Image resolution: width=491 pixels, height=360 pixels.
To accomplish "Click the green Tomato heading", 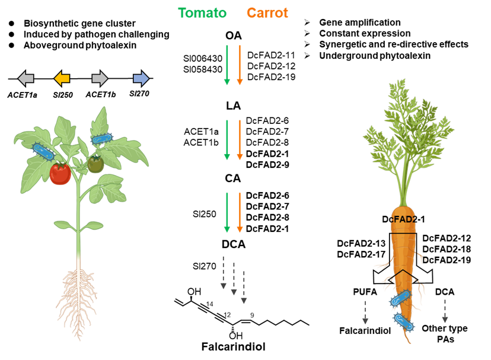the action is pos(202,13).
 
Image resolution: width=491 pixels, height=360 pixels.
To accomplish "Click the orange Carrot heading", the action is pos(267,13).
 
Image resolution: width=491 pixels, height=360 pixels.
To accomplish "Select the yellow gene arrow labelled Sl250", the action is pos(62,78).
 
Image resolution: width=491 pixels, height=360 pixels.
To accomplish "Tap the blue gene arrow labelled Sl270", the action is pos(141,78).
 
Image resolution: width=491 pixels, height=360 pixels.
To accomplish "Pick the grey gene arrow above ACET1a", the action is pos(25,78).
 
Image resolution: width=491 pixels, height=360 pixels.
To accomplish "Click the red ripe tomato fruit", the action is pos(60,173).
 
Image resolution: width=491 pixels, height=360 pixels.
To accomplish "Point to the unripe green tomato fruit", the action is pos(96,164).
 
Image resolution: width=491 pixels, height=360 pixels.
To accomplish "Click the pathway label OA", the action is pos(233,36).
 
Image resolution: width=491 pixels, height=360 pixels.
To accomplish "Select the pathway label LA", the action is pos(233,106).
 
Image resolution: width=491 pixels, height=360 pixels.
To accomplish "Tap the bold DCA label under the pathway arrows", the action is pos(234,244).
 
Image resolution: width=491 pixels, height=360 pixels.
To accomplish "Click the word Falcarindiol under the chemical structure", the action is pos(233,346).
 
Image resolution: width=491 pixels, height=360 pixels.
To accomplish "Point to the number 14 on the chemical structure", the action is pos(210,304).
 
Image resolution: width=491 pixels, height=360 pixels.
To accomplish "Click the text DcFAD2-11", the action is pos(271,55).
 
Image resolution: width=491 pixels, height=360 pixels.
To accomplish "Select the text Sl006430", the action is pos(203,58).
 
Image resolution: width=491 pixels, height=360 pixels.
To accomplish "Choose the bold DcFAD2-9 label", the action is pos(267,164).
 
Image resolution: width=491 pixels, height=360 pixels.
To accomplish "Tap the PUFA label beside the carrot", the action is pos(365,292).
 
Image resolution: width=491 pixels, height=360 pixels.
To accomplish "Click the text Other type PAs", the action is pos(445,334).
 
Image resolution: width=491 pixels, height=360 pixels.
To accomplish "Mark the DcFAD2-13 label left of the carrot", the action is pos(361,243).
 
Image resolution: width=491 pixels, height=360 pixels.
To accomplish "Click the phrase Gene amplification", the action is pos(360,23).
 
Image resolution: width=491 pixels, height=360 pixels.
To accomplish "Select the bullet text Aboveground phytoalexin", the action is pos(80,46).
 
